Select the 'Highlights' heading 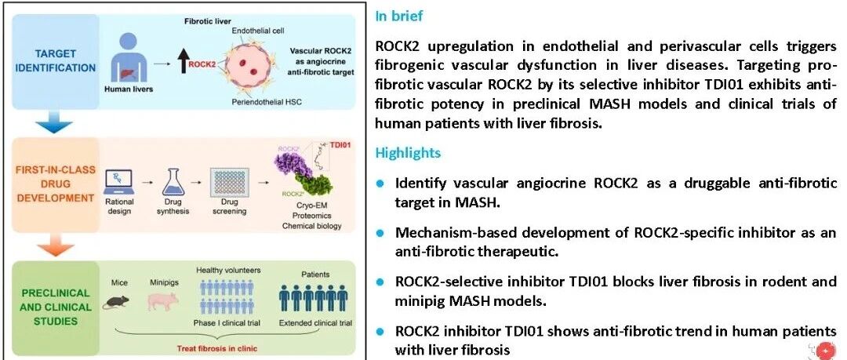[407, 152]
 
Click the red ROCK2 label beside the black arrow [203, 63]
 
